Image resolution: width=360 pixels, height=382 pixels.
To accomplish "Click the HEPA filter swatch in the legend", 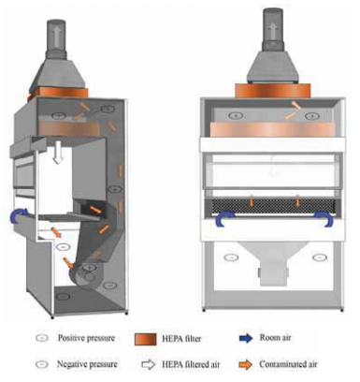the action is click(145, 339).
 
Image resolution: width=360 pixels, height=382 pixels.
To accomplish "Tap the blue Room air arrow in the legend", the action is click(246, 338).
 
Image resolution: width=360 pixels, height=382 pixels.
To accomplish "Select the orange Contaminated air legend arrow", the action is click(246, 364).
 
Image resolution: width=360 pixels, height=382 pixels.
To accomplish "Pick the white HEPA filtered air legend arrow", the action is click(149, 364).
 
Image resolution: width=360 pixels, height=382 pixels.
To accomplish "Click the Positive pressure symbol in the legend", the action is click(42, 338).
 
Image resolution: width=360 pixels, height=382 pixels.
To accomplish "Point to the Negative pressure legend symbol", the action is click(42, 364).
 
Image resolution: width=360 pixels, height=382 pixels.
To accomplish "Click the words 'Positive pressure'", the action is click(86, 338).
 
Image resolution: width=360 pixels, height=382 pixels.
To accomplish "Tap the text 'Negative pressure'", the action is click(87, 364).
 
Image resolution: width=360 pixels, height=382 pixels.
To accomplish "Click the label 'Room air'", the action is click(275, 337).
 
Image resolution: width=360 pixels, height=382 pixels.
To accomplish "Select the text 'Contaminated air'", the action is click(288, 364).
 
